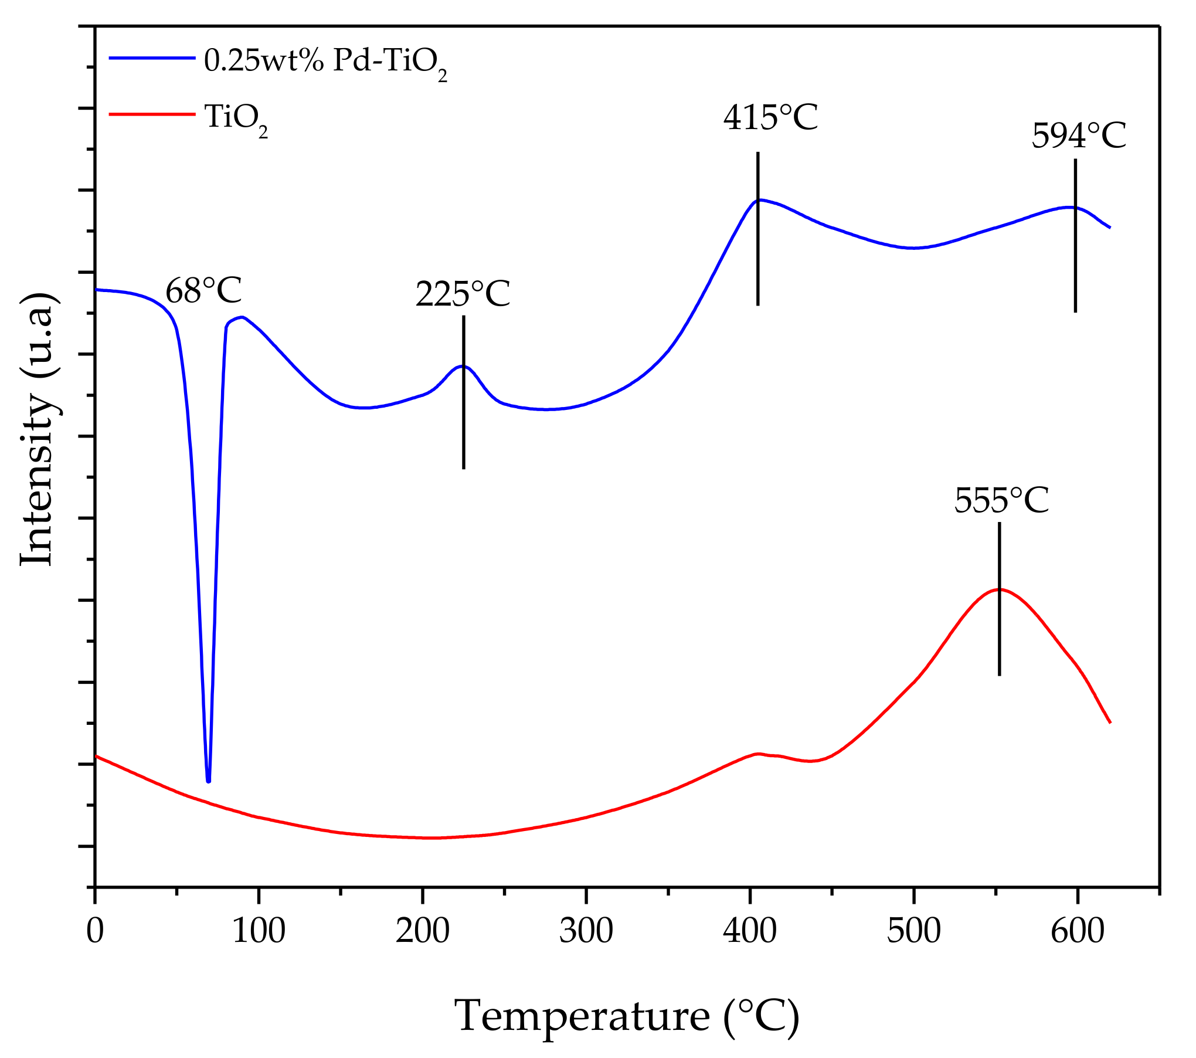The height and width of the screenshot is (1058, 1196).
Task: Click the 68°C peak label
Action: coord(203,291)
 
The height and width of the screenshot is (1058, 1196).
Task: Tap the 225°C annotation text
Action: coord(463,294)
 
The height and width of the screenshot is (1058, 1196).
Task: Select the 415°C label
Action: coord(770,118)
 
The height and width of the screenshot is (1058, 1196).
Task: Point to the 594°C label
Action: coord(1078,137)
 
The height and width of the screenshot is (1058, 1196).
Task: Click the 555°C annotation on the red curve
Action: coord(1001,501)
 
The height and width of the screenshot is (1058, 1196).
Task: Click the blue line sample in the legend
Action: coord(152,58)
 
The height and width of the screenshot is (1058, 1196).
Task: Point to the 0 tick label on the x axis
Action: coord(95,931)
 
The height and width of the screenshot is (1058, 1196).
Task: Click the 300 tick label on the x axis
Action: coord(586,931)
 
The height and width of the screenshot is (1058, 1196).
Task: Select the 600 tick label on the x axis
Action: coord(1077,931)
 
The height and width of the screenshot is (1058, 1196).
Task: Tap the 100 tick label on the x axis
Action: coord(259,931)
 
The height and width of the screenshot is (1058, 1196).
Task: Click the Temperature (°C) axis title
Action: coord(626,1016)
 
